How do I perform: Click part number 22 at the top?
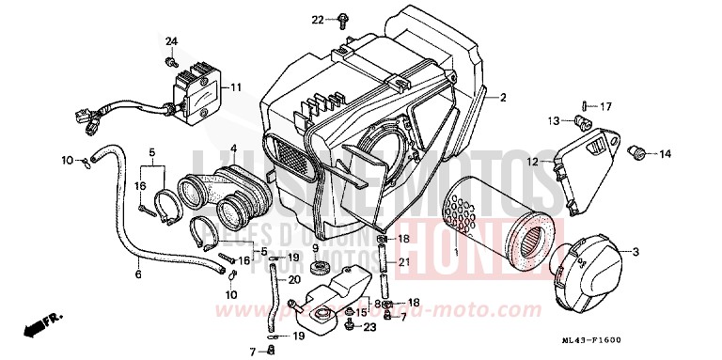318,19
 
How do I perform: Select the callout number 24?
171,41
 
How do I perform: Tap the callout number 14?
665,154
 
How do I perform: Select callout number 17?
605,105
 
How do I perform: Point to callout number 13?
554,119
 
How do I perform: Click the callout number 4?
233,148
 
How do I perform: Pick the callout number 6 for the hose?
138,274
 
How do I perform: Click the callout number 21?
403,261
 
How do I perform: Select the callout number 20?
293,279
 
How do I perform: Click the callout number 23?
370,326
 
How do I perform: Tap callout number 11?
235,87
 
